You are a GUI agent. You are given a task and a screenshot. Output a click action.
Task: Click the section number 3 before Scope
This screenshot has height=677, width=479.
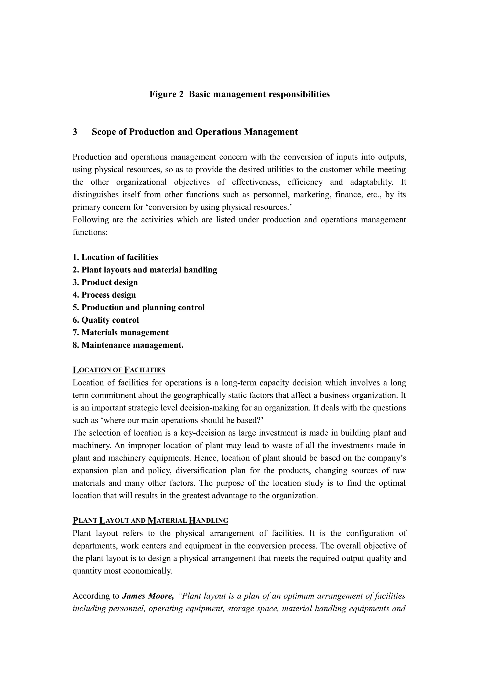coord(75,132)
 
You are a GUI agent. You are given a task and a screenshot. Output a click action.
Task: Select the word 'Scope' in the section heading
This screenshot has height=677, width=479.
coord(104,132)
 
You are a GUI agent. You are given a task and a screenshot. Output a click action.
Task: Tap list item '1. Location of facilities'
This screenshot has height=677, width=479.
coord(115,257)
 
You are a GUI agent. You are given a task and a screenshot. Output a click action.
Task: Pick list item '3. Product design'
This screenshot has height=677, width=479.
coord(105,282)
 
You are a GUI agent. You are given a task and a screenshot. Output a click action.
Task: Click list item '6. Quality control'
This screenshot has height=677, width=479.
coord(106,320)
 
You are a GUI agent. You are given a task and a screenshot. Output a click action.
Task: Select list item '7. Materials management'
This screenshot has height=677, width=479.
coord(120,333)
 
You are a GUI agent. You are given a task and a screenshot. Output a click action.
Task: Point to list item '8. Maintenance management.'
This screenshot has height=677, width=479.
coord(128,345)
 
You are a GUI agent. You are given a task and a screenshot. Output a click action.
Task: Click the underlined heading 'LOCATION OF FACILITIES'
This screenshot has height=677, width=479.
coord(119,370)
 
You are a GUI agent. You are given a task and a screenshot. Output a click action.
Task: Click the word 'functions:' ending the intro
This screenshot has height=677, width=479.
coord(90,232)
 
